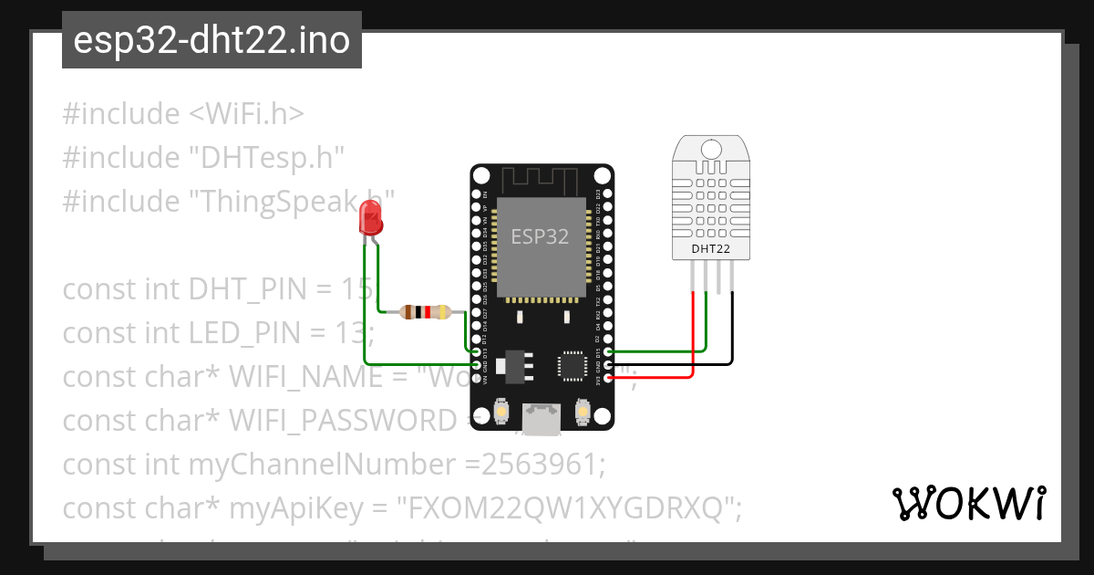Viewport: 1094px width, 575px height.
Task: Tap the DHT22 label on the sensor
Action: tap(710, 247)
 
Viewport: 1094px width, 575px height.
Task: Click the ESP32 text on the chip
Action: tap(540, 237)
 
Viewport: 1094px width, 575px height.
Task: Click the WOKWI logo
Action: tap(967, 502)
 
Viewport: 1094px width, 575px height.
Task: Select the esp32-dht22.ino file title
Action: tap(212, 40)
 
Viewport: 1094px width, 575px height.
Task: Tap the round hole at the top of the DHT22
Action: tap(710, 148)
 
